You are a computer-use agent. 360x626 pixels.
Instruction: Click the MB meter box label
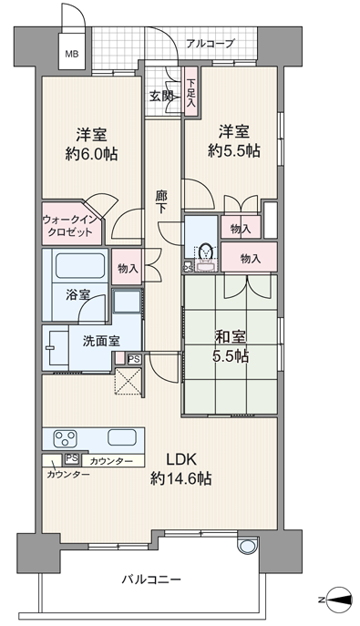pos(72,54)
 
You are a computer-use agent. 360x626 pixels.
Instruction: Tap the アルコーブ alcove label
pos(210,43)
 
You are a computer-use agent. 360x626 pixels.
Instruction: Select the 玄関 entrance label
pos(161,96)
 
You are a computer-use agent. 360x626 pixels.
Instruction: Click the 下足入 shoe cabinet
pos(191,92)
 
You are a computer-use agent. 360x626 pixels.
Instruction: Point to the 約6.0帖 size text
pos(91,154)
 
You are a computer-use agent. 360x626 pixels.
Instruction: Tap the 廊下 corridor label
pos(161,202)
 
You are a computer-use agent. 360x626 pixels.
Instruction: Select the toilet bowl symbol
pos(206,251)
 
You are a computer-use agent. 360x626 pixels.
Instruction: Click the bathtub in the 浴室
pos(80,265)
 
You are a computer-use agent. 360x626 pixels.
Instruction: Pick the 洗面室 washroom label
pos(101,341)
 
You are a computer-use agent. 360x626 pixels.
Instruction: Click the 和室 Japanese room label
pos(231,336)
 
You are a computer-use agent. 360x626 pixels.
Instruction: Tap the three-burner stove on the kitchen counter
pos(65,438)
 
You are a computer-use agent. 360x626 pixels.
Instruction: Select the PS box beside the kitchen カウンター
pos(72,458)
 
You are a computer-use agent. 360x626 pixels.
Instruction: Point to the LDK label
pos(181,459)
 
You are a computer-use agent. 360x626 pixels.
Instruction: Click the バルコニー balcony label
pos(151,579)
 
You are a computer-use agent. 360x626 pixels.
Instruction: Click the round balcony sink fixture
pos(247,545)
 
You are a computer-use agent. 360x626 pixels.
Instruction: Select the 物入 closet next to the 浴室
pos(127,267)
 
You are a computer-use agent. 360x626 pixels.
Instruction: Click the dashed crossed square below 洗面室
pos(129,381)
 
